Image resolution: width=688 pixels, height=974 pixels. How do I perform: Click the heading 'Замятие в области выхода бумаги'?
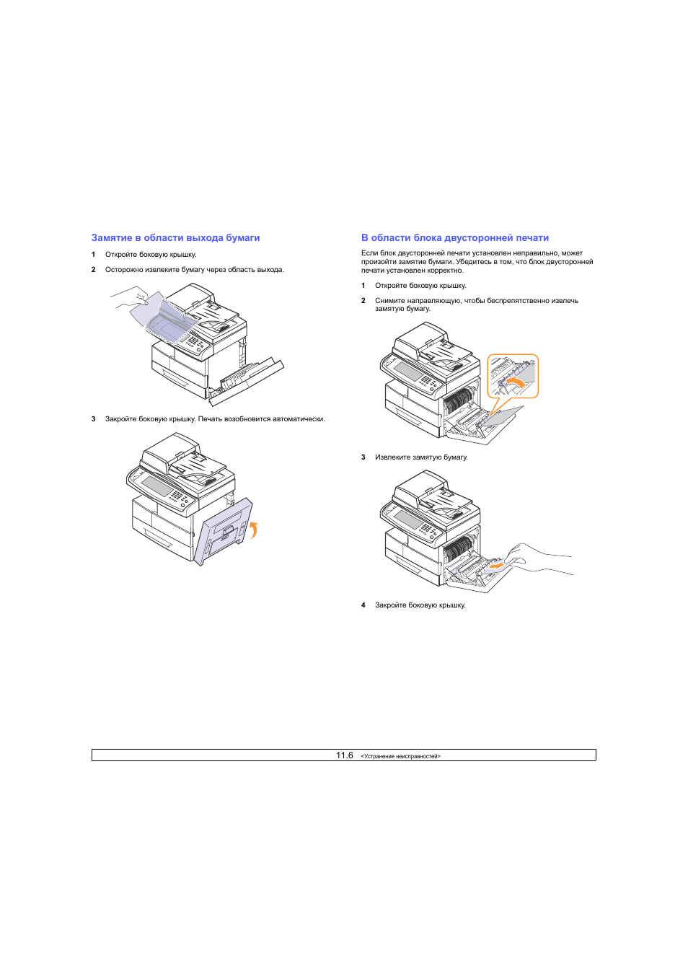175,238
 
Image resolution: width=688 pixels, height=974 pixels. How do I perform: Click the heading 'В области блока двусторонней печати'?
455,238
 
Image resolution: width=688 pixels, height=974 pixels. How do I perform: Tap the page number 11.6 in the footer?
344,755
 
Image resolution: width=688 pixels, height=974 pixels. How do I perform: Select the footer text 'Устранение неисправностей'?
400,757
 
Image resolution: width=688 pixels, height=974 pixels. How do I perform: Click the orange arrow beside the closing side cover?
254,530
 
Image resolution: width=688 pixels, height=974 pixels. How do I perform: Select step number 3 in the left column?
94,419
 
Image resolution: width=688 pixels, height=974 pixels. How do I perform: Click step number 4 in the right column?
363,605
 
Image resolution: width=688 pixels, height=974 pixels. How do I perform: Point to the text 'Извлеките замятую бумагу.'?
422,457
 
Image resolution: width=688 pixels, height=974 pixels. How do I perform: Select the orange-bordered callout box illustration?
513,376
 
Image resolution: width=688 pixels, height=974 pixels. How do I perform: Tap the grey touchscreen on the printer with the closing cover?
157,486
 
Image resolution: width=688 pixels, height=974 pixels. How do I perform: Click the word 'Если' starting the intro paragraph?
369,253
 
